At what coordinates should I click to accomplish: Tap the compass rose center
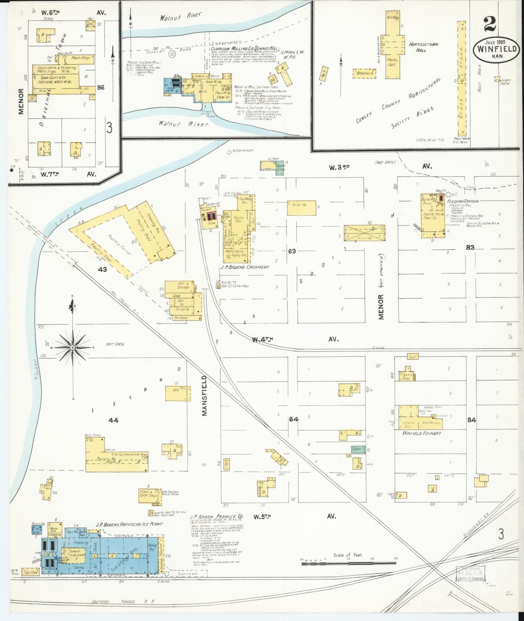[x=73, y=347]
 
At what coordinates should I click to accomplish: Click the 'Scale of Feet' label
[x=348, y=565]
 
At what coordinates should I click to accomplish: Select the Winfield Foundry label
[x=422, y=433]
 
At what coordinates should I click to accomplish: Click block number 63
[x=292, y=251]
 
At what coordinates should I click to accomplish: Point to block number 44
[x=114, y=420]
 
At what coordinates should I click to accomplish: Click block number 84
[x=471, y=420]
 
